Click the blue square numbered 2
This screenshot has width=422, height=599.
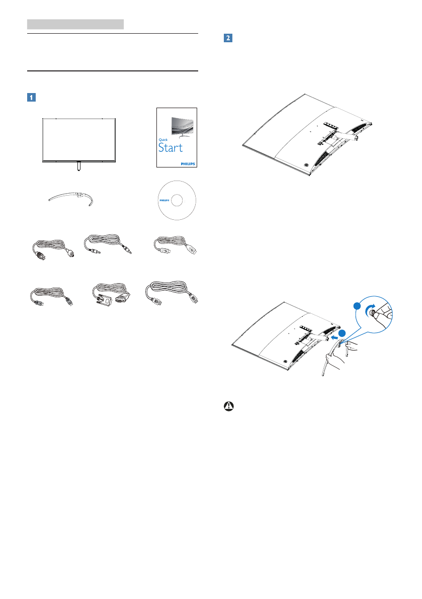pos(228,38)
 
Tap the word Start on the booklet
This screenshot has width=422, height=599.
pos(171,147)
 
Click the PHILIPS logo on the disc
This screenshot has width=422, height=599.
pos(165,200)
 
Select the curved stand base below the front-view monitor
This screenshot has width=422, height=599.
pos(72,197)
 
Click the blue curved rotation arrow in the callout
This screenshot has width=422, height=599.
pos(371,309)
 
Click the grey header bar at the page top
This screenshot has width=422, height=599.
pos(75,24)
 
